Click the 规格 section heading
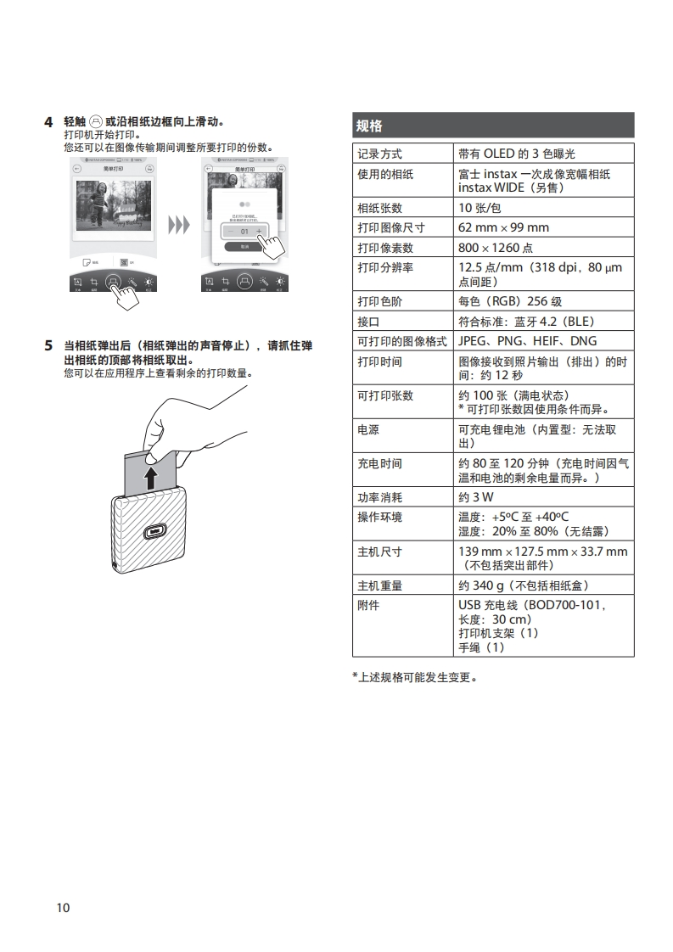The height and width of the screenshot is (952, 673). point(370,126)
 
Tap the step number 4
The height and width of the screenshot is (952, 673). point(48,121)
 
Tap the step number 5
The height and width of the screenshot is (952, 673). point(48,346)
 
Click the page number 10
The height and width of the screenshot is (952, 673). point(63,908)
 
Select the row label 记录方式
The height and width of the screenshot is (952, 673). point(379,154)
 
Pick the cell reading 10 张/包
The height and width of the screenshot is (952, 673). point(480,208)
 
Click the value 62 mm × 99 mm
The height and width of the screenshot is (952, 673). point(503,227)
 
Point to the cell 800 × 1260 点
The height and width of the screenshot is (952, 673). point(496,248)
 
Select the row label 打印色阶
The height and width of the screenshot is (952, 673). point(379,301)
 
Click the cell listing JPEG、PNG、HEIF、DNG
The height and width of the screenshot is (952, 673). point(527,341)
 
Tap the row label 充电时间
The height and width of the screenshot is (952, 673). point(379,463)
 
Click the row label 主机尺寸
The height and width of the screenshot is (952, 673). point(379,552)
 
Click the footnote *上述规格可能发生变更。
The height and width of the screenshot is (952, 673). point(415,677)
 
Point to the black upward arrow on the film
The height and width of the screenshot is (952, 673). point(150,477)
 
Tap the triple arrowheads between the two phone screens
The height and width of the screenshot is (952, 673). point(178,225)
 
